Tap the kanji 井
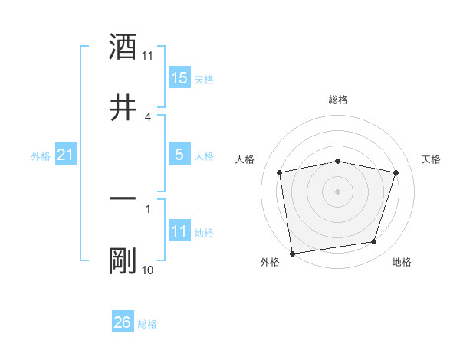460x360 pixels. (x=123, y=106)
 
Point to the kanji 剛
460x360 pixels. (x=123, y=260)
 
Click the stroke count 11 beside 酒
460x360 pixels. (x=148, y=56)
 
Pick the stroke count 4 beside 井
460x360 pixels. (x=148, y=117)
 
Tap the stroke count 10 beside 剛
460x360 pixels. (x=148, y=270)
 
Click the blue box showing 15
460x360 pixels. (x=179, y=78)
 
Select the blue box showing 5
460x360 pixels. (x=179, y=155)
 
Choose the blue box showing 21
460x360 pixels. (x=66, y=155)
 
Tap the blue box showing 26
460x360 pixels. (x=123, y=322)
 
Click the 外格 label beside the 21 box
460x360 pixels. (x=41, y=156)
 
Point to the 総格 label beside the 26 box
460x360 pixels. (x=147, y=324)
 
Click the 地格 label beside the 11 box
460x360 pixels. (x=204, y=233)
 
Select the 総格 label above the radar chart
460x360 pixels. (x=338, y=100)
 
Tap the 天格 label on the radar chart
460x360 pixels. (x=432, y=159)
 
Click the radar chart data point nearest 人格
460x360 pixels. (x=280, y=172)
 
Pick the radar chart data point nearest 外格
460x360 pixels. (x=292, y=253)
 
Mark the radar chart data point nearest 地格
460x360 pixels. (x=374, y=242)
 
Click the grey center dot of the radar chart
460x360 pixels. (x=338, y=191)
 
